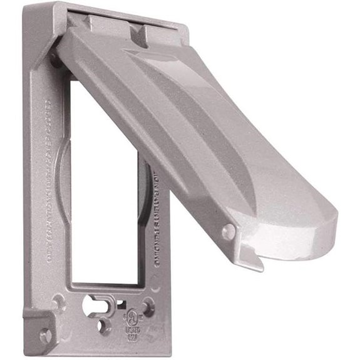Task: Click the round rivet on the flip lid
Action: coord(229,232)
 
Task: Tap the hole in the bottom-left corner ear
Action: coord(46,336)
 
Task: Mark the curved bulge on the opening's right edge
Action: coord(145,182)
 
